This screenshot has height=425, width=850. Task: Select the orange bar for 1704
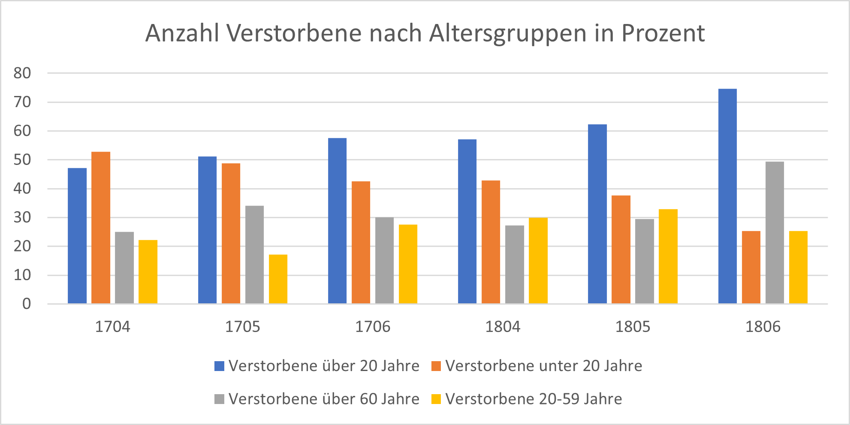(x=101, y=227)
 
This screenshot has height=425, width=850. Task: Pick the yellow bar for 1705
(x=278, y=279)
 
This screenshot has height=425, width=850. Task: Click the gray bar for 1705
(x=254, y=254)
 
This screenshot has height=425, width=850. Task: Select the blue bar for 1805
(x=597, y=214)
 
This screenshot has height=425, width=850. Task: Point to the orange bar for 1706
(x=361, y=242)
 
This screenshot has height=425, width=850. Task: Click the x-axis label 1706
(x=372, y=327)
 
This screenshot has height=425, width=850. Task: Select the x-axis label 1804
(x=503, y=327)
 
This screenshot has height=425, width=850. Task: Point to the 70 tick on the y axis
(x=22, y=102)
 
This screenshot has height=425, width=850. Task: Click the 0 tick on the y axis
(x=27, y=304)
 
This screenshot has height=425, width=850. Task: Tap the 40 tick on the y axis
(x=22, y=189)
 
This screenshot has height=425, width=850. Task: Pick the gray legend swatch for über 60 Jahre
(x=220, y=399)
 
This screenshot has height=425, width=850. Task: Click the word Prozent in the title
(x=663, y=33)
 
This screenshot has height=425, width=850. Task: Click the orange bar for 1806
(x=751, y=267)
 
